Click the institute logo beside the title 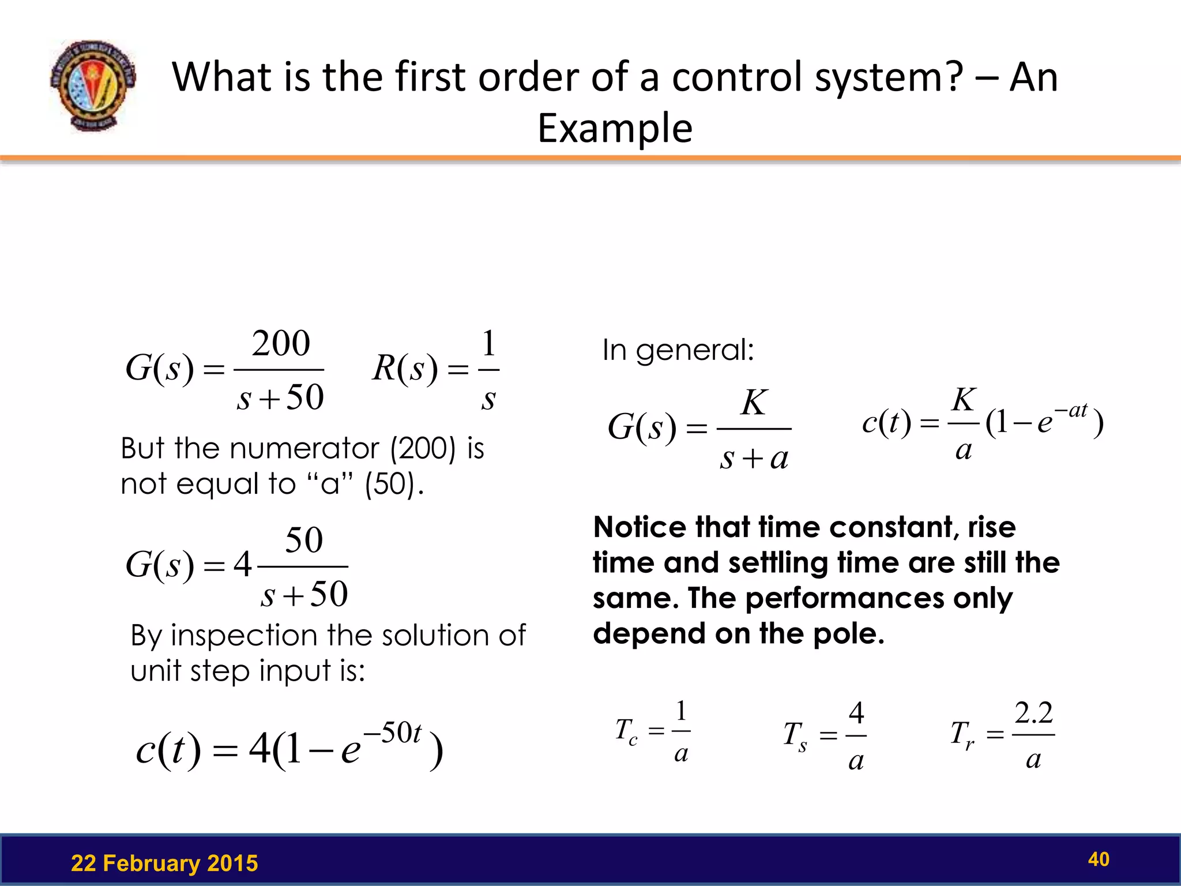coord(93,85)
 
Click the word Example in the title coord(615,128)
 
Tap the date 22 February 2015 coord(164,863)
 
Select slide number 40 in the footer coord(1099,859)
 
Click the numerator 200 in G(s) coord(281,344)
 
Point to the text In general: coord(678,350)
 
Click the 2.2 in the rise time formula coord(1033,714)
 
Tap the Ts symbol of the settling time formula coord(795,736)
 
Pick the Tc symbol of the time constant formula coord(626,731)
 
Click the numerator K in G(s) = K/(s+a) coord(754,403)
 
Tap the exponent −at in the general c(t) coord(1071,410)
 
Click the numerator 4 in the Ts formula coord(856,714)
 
